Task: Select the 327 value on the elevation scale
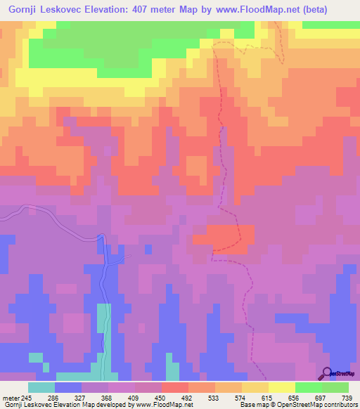pyautogui.click(x=96, y=398)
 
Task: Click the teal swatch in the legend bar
pyautogui.click(x=41, y=387)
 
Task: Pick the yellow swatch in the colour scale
pyautogui.click(x=281, y=387)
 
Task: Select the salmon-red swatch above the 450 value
pyautogui.click(x=175, y=387)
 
